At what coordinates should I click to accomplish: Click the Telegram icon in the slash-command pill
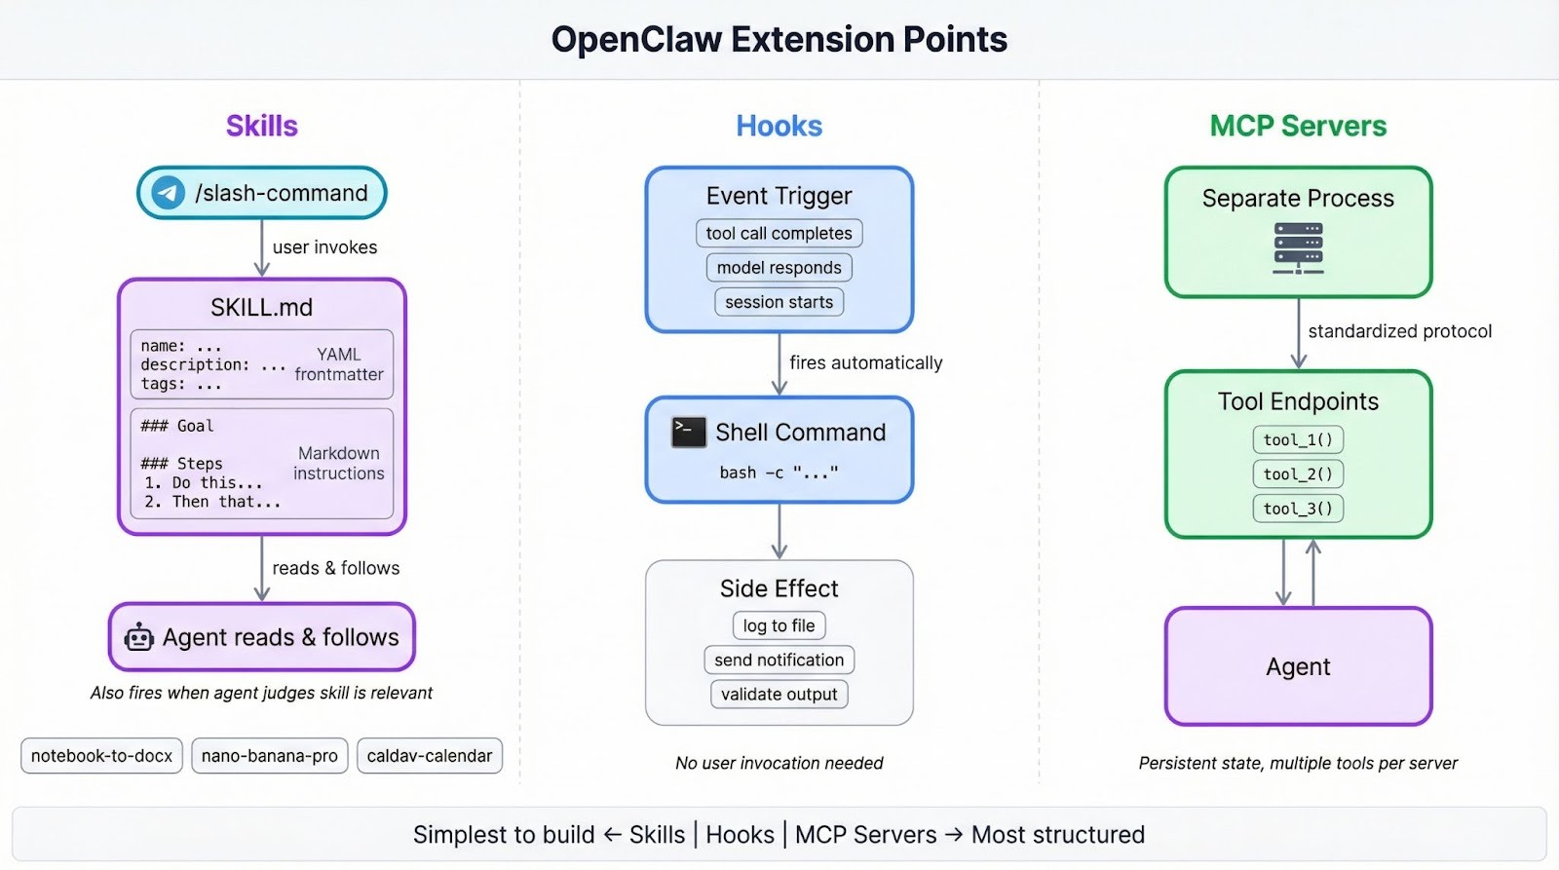168,193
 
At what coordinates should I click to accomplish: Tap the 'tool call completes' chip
779,234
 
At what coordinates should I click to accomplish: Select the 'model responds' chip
779,268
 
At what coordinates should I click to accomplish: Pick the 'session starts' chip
779,302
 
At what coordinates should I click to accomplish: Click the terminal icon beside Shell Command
689,432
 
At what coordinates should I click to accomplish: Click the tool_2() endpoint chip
1298,474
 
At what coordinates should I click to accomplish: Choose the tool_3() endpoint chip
1298,509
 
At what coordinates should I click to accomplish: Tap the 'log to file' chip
779,625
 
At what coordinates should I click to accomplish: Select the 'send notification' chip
779,660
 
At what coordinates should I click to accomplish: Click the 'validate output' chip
779,694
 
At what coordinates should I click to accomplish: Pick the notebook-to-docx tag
101,756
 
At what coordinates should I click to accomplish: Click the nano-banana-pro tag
270,756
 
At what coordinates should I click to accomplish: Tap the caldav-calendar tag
430,756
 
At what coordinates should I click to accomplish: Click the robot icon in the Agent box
139,637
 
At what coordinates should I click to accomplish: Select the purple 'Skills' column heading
261,126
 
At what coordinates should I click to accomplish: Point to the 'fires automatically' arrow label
865,362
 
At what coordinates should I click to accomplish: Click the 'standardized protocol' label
1399,331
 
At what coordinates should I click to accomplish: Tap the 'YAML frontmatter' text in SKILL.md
338,364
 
